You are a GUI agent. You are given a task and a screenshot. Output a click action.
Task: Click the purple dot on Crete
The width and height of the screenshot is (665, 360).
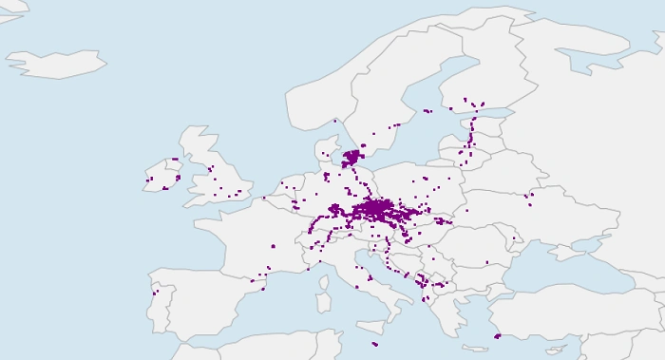tap(498, 334)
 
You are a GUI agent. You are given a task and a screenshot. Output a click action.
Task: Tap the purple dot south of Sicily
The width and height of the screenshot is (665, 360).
tap(375, 344)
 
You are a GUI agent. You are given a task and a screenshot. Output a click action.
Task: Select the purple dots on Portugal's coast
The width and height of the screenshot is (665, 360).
tap(155, 292)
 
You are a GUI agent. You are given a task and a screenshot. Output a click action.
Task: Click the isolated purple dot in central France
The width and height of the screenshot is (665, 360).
tap(273, 246)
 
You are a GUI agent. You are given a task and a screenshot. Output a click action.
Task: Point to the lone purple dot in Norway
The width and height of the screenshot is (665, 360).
tap(334, 121)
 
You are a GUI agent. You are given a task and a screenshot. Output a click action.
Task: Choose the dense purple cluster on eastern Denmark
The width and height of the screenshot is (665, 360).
tap(353, 156)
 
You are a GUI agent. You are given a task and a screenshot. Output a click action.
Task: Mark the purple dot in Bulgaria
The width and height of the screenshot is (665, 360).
tap(486, 262)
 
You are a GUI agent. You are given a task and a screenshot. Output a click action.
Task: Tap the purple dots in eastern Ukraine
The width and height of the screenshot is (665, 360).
tap(529, 199)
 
